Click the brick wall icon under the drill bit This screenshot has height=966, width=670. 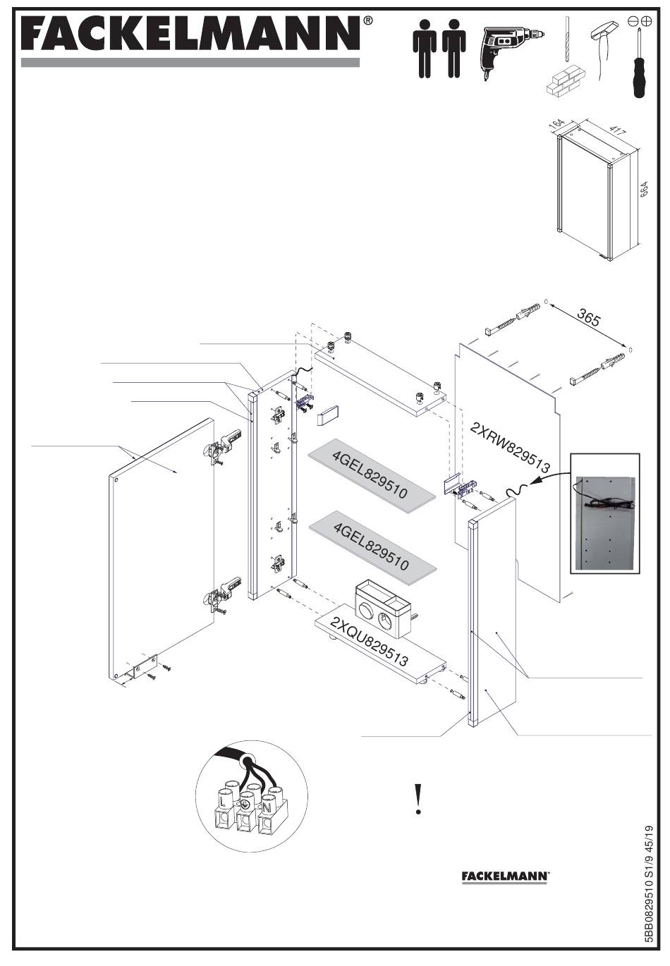tap(567, 82)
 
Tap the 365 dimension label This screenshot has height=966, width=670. tap(588, 319)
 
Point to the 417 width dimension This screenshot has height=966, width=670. tap(616, 130)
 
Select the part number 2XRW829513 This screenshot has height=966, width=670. tap(510, 447)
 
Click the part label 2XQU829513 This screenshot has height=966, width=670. tap(369, 641)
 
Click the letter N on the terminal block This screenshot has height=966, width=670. tap(267, 807)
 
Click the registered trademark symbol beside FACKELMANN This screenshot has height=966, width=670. tap(367, 20)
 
